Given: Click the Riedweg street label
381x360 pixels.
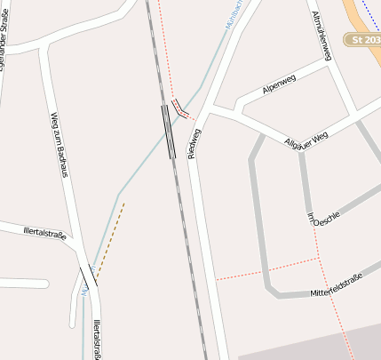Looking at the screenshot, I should pyautogui.click(x=194, y=143).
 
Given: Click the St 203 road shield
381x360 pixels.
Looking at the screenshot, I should pyautogui.click(x=364, y=40).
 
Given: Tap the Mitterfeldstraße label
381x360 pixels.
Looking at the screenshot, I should pyautogui.click(x=345, y=286).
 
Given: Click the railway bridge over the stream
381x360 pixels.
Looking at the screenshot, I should pyautogui.click(x=168, y=132).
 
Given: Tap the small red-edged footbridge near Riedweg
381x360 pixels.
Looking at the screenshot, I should pyautogui.click(x=180, y=108).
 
